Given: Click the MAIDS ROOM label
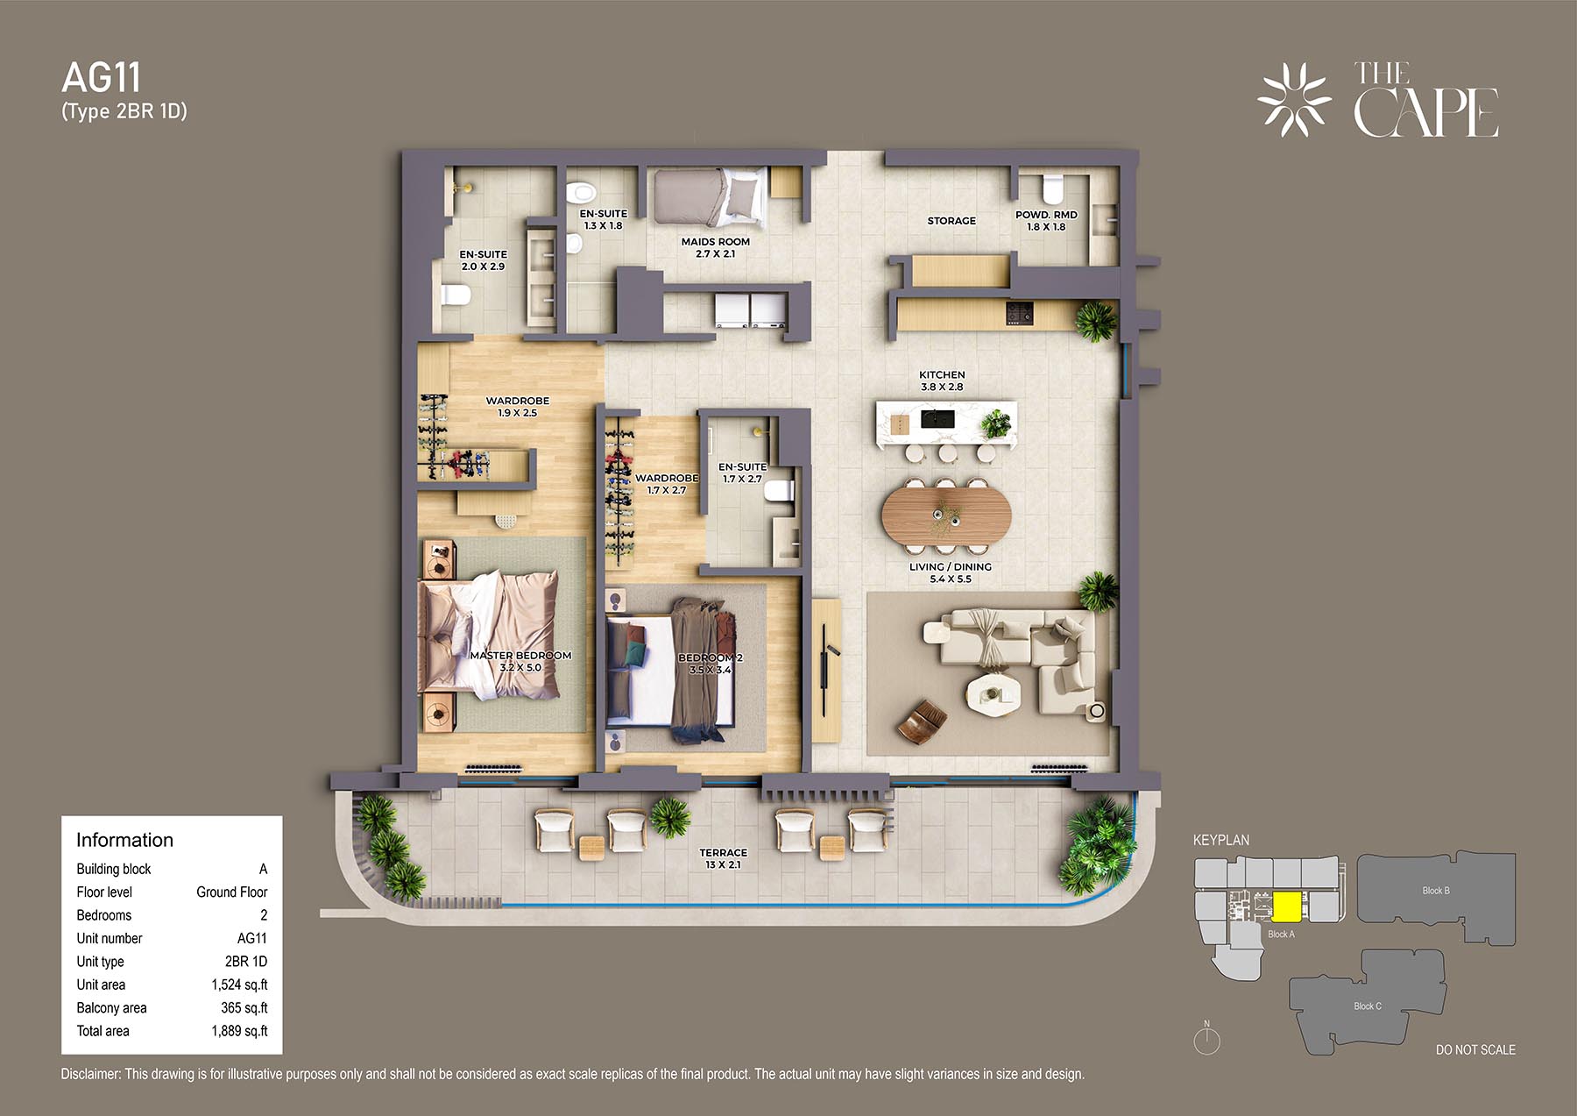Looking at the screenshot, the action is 716,242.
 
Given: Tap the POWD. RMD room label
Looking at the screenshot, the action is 1046,215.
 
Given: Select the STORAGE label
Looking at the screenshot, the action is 951,221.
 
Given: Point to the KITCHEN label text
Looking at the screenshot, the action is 942,374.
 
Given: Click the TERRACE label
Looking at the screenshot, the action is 724,853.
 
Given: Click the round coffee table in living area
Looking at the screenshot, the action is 993,693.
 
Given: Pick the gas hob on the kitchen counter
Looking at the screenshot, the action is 1019,312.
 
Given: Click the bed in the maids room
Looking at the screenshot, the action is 710,197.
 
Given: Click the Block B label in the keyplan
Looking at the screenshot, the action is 1435,891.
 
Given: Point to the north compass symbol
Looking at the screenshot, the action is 1207,1039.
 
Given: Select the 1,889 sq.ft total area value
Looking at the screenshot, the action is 239,1031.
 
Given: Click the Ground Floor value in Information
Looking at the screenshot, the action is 232,892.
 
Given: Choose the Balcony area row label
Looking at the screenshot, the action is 111,1008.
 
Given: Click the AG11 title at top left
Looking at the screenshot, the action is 101,78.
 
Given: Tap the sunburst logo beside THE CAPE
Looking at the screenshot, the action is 1294,99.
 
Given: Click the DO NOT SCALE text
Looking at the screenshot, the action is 1475,1049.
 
